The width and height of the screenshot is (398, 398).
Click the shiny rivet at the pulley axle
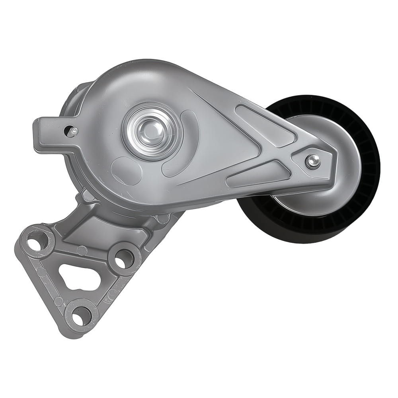pos(312,161)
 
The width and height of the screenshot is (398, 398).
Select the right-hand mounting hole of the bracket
pos(124,259)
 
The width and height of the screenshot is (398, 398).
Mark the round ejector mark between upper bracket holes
pos(82,250)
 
